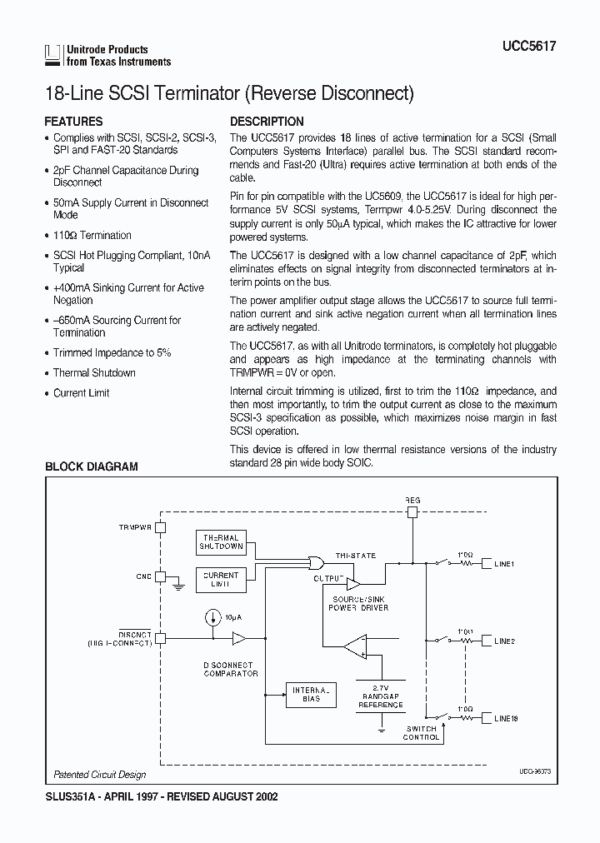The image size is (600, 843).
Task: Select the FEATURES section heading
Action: pos(73,121)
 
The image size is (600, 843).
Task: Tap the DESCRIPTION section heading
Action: pos(267,121)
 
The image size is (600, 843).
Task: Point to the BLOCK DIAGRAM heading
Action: pos(91,466)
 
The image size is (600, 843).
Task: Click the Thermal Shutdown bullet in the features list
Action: pos(94,372)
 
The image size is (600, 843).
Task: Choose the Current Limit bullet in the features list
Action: pos(82,392)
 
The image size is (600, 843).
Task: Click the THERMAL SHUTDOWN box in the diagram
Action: pos(221,542)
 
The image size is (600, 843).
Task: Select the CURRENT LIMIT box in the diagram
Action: pos(221,580)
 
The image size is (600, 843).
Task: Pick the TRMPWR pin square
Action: pos(162,527)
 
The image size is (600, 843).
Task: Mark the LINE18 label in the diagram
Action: pos(506,717)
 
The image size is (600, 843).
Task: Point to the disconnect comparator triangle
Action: pos(239,638)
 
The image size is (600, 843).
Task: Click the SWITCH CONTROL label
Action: pos(422,733)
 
